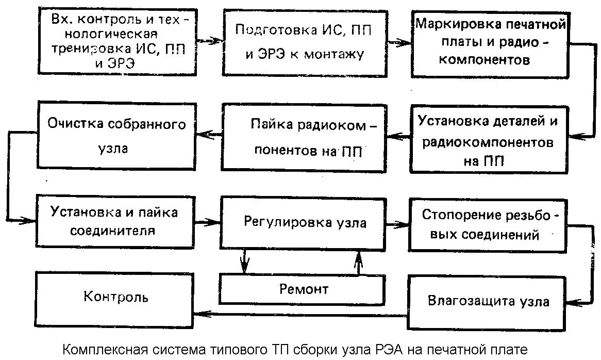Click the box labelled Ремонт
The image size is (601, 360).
tap(303, 289)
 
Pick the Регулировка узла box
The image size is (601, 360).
tap(304, 223)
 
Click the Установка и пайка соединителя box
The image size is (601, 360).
tap(114, 221)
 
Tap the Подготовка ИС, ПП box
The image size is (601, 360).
tap(304, 41)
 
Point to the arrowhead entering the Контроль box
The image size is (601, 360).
tap(198, 312)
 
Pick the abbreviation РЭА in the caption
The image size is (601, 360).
tap(379, 349)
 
